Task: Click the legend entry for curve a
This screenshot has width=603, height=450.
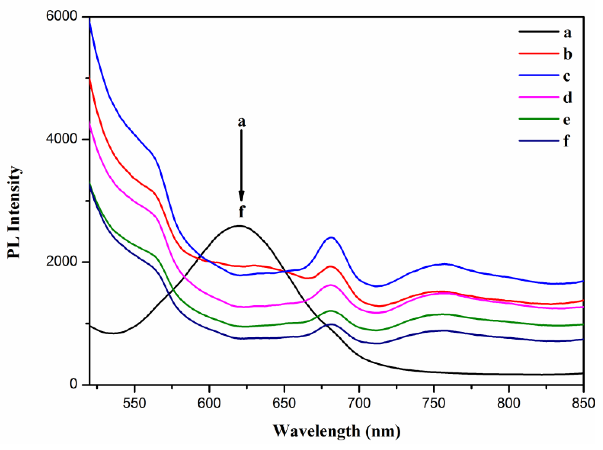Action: point(545,32)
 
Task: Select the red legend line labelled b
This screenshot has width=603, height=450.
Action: point(545,54)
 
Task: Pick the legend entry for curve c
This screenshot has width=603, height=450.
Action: point(545,75)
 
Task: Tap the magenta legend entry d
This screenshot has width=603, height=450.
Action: point(545,97)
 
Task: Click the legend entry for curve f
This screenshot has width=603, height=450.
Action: point(545,141)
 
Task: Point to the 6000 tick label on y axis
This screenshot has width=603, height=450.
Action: point(61,16)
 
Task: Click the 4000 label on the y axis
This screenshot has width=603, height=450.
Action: point(61,139)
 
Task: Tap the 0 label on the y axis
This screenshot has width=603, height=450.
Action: point(73,384)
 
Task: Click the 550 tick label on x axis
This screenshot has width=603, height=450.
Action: point(134,403)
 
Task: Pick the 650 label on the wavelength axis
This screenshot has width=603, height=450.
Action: point(284,403)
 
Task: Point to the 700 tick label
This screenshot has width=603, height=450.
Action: point(359,403)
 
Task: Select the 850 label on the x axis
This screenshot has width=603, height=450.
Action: point(583,403)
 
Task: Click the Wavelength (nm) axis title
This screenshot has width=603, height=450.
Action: point(336,431)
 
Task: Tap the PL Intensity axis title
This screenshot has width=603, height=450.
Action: point(14,213)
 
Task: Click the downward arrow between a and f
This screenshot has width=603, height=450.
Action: point(241,165)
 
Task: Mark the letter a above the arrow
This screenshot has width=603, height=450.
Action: point(241,122)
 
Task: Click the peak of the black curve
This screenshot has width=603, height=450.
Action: point(239,226)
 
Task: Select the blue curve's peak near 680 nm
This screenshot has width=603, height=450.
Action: point(331,237)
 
